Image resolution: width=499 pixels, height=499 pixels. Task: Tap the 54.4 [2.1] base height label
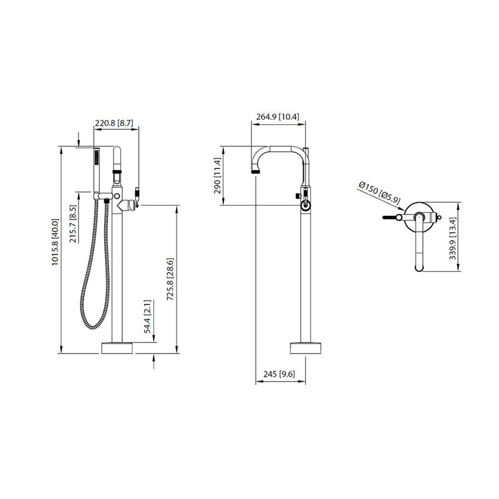pos(147,317)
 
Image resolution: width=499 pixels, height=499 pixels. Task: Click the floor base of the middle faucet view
pos(306,347)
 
